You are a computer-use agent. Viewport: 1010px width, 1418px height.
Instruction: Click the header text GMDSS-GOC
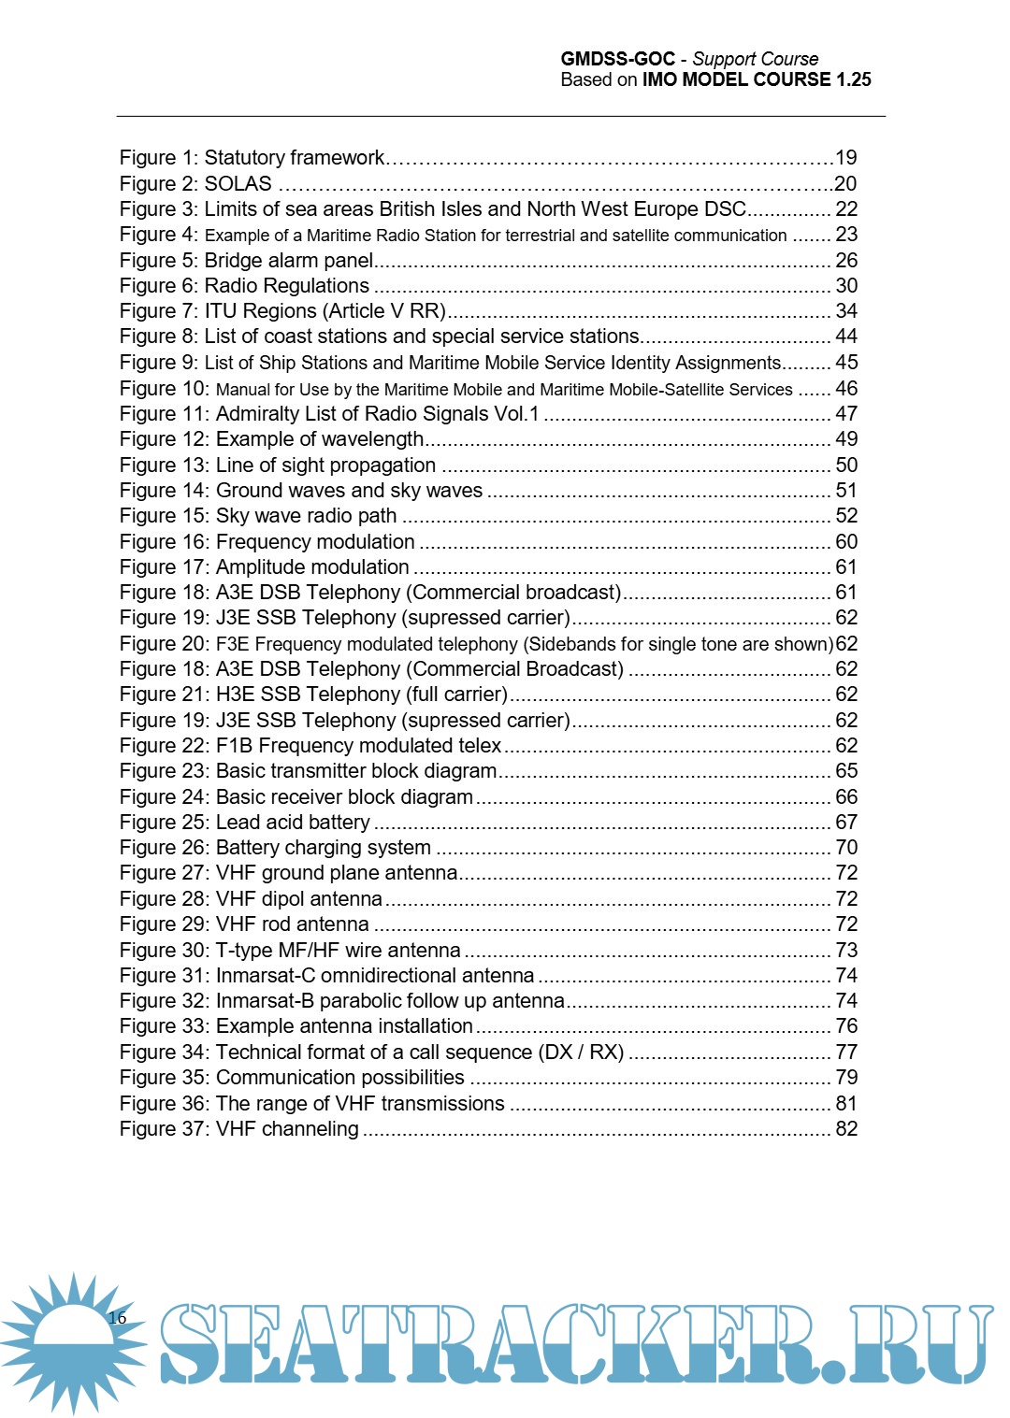pyautogui.click(x=617, y=59)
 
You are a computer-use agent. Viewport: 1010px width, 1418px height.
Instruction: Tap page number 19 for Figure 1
pyautogui.click(x=845, y=158)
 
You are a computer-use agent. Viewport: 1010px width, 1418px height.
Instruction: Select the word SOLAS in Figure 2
pyautogui.click(x=238, y=184)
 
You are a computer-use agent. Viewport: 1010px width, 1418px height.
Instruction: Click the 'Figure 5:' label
pyautogui.click(x=159, y=261)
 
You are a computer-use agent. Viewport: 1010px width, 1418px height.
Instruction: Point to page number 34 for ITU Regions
pyautogui.click(x=846, y=311)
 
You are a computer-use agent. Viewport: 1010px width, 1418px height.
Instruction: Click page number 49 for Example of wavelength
pyautogui.click(x=846, y=439)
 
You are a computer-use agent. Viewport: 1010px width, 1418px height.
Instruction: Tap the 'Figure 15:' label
pyautogui.click(x=165, y=516)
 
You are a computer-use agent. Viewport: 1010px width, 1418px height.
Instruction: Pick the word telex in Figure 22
pyautogui.click(x=480, y=746)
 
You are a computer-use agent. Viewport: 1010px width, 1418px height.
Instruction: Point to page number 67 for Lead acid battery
pyautogui.click(x=846, y=823)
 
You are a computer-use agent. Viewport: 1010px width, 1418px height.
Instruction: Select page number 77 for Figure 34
pyautogui.click(x=846, y=1053)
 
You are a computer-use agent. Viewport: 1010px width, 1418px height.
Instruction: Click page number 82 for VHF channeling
pyautogui.click(x=846, y=1129)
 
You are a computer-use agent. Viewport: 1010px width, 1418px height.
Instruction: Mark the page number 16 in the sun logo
pyautogui.click(x=117, y=1318)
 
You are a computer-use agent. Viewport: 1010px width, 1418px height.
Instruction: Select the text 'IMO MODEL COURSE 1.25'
pyautogui.click(x=756, y=80)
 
